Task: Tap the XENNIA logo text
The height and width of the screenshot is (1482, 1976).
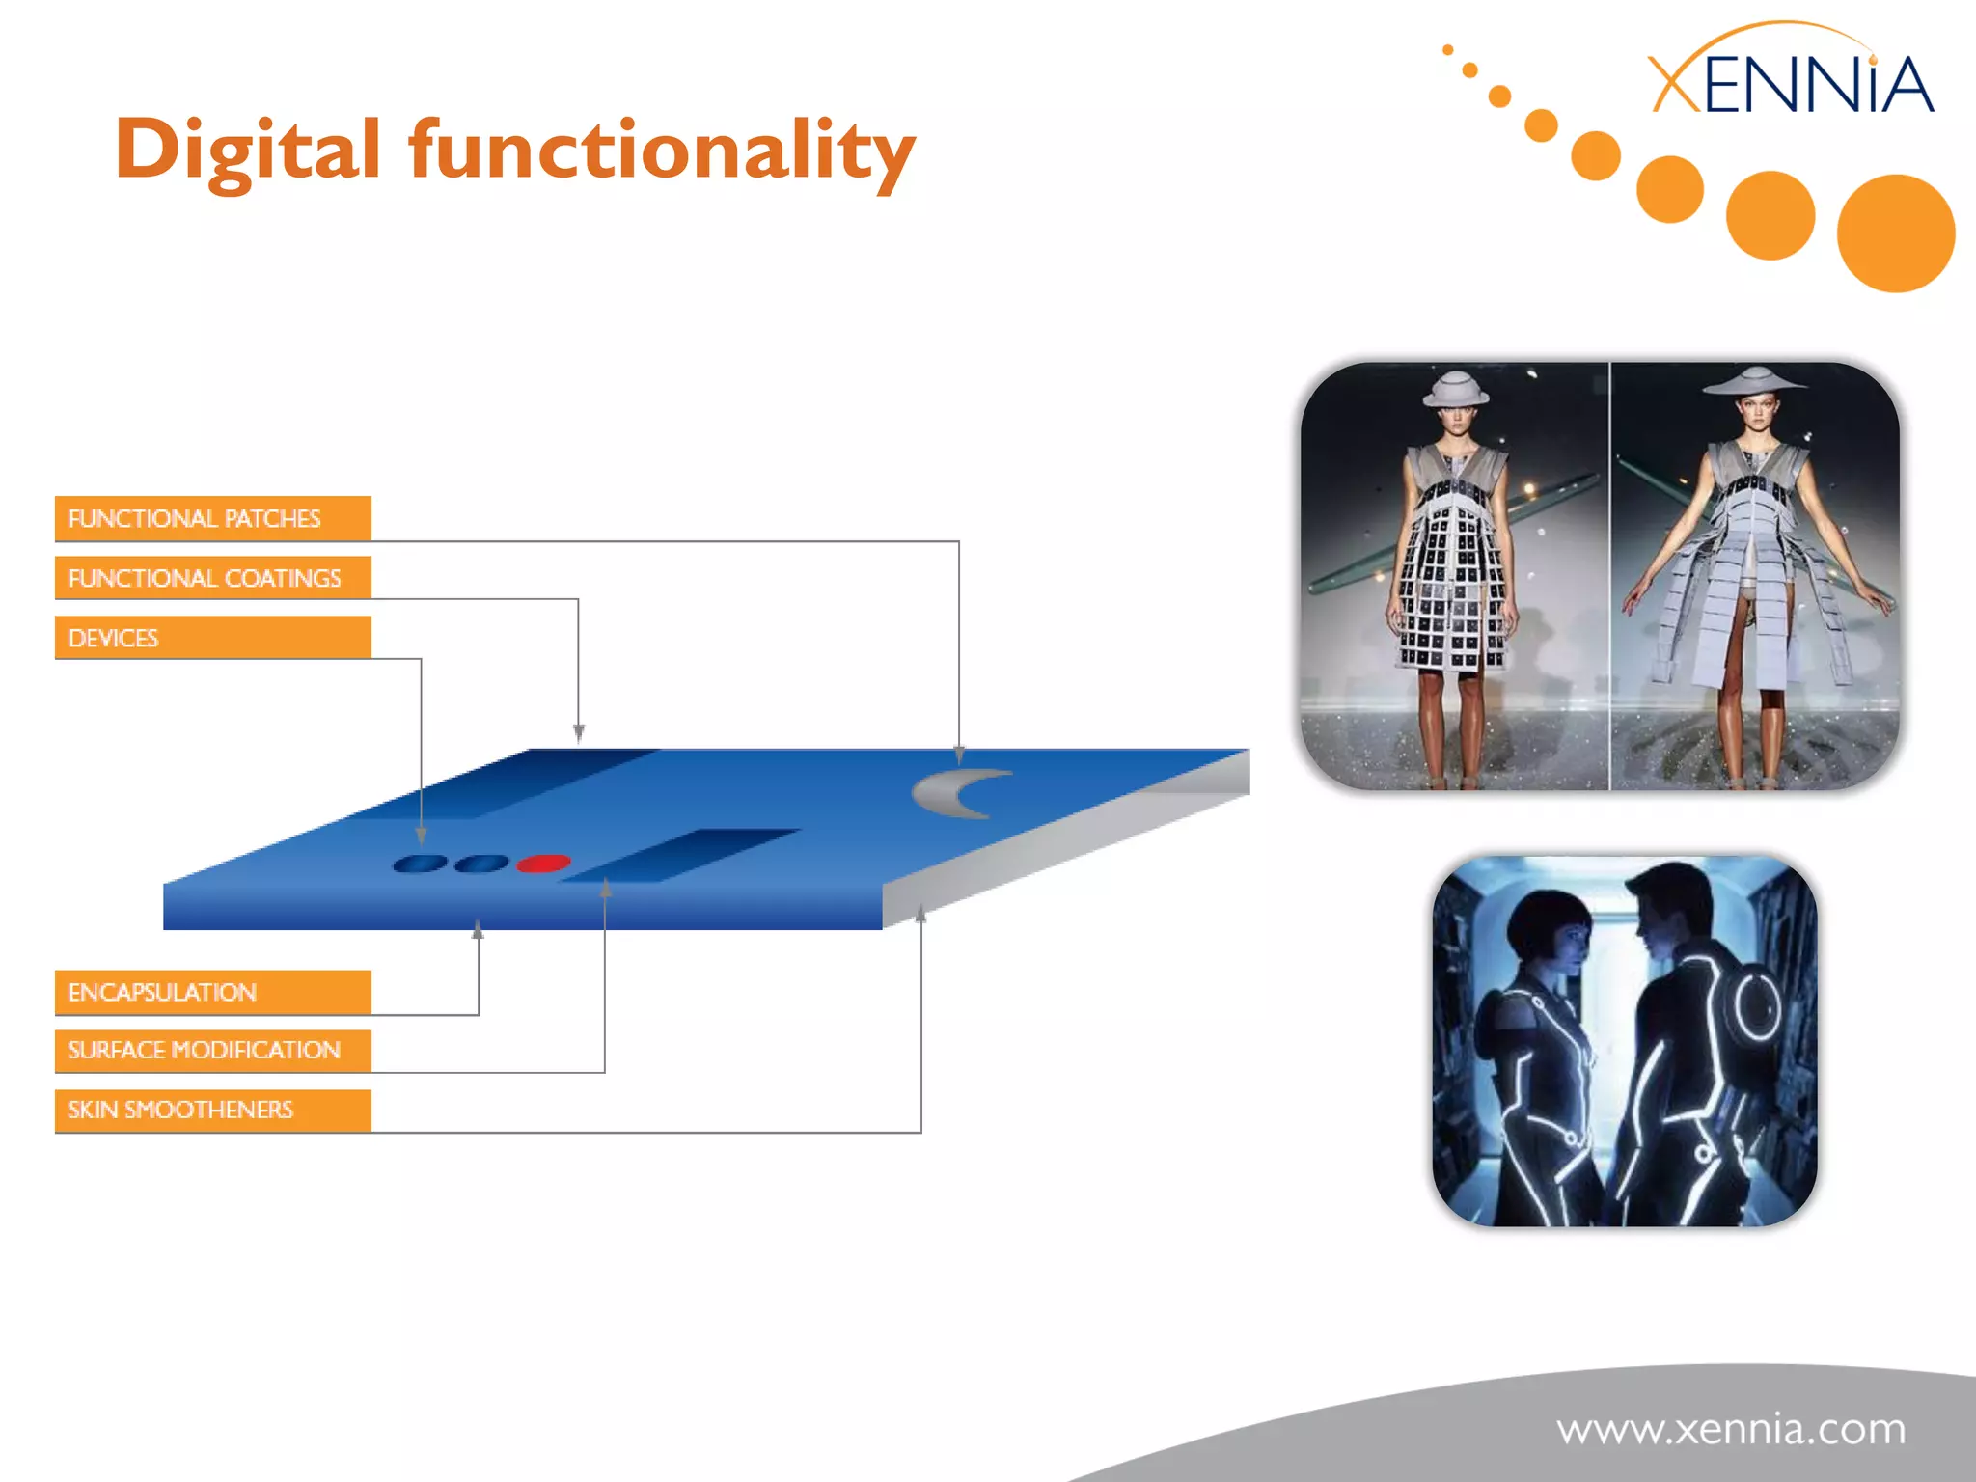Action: [x=1790, y=85]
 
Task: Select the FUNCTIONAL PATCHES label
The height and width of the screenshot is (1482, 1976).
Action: [x=212, y=518]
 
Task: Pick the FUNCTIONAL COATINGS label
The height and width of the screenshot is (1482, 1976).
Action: [x=212, y=578]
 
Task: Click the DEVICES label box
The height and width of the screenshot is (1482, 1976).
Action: [x=212, y=638]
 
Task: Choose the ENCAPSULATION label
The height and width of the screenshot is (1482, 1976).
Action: [x=212, y=992]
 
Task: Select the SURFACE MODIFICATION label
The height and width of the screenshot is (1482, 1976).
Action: [x=212, y=1050]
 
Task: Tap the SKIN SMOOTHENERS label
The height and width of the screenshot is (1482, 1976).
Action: [x=212, y=1110]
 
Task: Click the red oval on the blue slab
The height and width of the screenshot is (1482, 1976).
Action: [x=543, y=863]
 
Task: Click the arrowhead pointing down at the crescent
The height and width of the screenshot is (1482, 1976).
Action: [x=959, y=755]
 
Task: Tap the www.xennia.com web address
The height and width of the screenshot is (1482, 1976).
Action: [x=1731, y=1428]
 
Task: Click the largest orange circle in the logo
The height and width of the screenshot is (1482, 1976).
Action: [x=1895, y=233]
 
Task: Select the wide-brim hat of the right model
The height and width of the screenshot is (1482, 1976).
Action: [x=1754, y=380]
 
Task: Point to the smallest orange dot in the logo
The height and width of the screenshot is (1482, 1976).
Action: [x=1447, y=49]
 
